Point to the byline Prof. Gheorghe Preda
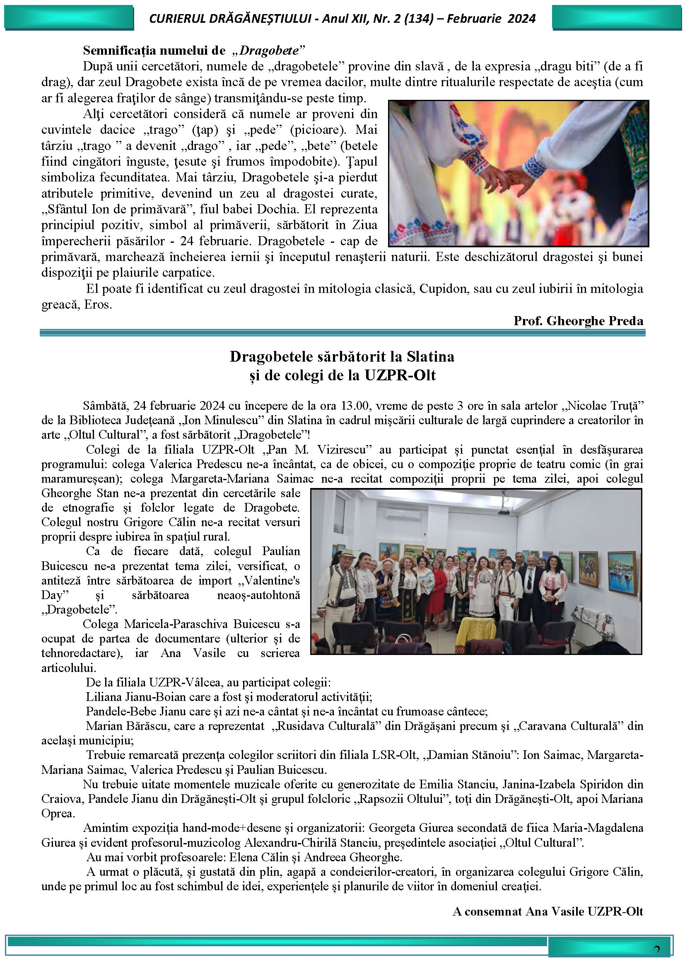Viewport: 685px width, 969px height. (x=578, y=321)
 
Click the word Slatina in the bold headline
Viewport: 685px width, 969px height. (x=430, y=357)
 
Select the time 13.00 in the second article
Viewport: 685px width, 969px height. (x=356, y=406)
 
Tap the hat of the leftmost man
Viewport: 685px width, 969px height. (x=346, y=551)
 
